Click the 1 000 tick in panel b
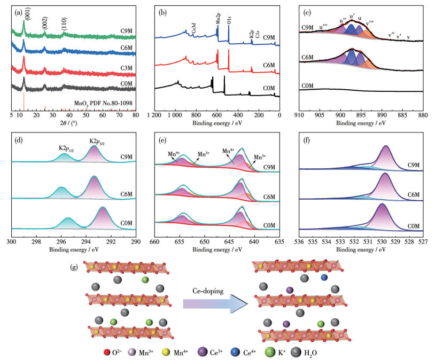pos(175,114)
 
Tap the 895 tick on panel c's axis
pos(361,114)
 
